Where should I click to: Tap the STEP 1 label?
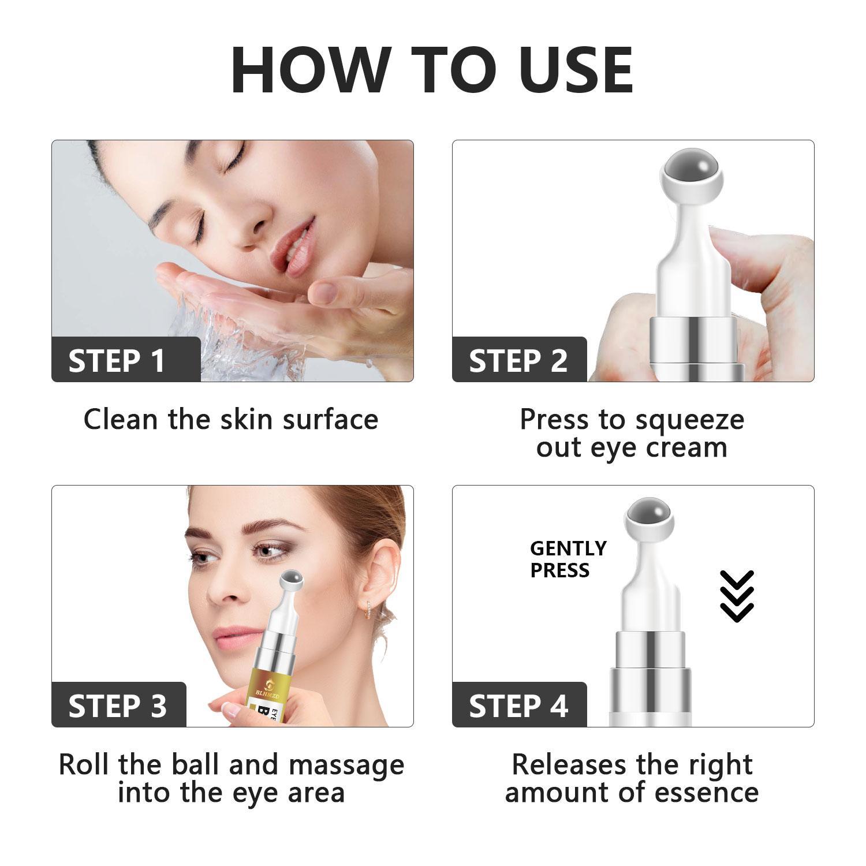coord(117,361)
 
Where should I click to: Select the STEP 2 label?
coord(518,361)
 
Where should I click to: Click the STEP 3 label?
coord(117,706)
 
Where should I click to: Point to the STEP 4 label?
coord(518,706)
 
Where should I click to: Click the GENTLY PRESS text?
coord(568,559)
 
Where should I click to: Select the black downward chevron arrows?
coord(737,596)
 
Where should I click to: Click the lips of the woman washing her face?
coord(290,234)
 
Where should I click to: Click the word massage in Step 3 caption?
coord(346,765)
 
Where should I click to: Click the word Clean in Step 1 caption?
coord(120,420)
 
